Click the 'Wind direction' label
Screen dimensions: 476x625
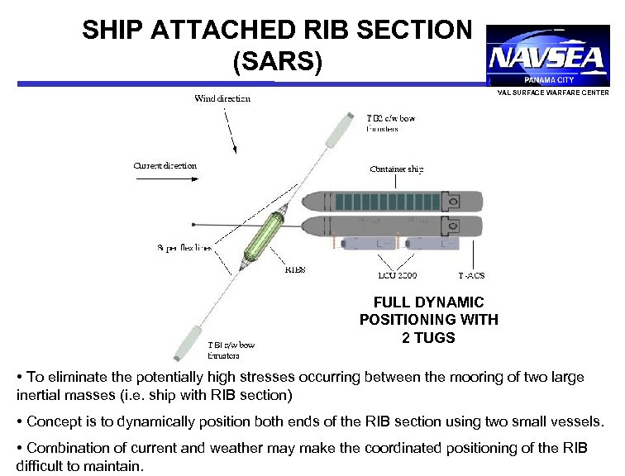pyautogui.click(x=222, y=99)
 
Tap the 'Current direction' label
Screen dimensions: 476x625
pyautogui.click(x=165, y=165)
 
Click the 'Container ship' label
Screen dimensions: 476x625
pyautogui.click(x=397, y=169)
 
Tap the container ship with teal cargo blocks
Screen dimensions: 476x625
pyautogui.click(x=389, y=201)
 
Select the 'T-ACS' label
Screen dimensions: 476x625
pyautogui.click(x=471, y=275)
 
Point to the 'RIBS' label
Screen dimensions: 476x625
pyautogui.click(x=295, y=269)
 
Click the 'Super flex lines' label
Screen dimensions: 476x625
pyautogui.click(x=184, y=247)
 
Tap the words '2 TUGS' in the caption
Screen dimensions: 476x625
pyautogui.click(x=428, y=337)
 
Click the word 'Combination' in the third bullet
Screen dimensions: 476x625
pyautogui.click(x=64, y=448)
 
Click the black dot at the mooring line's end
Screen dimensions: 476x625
pyautogui.click(x=192, y=223)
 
